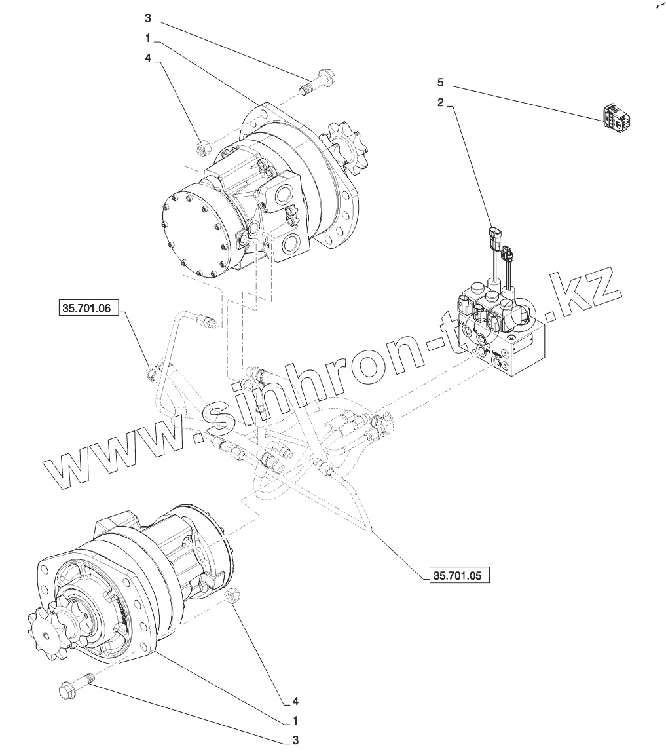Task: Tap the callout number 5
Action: (x=441, y=83)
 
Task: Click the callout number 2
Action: (x=441, y=103)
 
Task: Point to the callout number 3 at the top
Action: (x=148, y=17)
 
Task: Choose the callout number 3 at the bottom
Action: (x=295, y=740)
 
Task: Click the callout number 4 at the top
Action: (x=148, y=58)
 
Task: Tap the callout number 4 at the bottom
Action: (x=295, y=701)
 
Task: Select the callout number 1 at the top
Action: (x=148, y=38)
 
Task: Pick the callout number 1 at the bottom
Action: (x=295, y=721)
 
